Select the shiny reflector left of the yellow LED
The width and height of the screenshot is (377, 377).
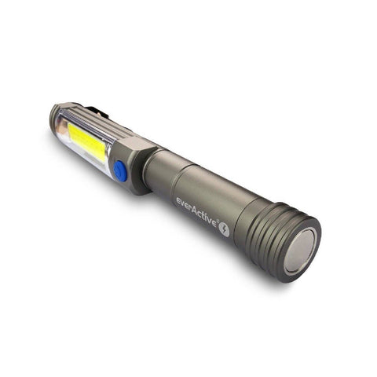(62, 134)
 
